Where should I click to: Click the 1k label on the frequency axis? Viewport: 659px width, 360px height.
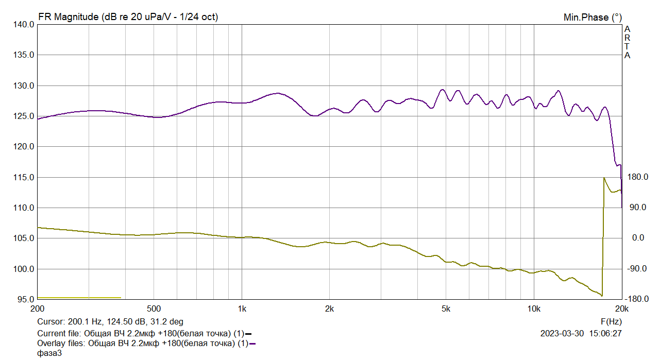pos(242,309)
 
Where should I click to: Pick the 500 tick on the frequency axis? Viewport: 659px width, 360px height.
pos(154,309)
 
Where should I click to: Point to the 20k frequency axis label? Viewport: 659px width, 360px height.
pos(621,309)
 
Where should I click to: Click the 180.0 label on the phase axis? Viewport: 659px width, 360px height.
pos(637,177)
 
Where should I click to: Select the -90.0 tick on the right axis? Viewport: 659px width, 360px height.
pos(637,269)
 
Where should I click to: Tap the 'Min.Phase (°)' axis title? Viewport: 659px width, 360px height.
pos(593,18)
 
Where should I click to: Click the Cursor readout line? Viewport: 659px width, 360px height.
pos(110,322)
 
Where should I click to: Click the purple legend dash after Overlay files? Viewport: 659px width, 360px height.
pos(252,344)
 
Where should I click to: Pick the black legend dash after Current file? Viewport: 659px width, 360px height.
pos(249,333)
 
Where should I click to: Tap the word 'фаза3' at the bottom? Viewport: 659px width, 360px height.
pos(49,353)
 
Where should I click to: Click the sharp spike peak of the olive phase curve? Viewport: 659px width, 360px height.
pos(603,178)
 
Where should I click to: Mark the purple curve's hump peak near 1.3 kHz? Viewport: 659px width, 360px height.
pos(278,93)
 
